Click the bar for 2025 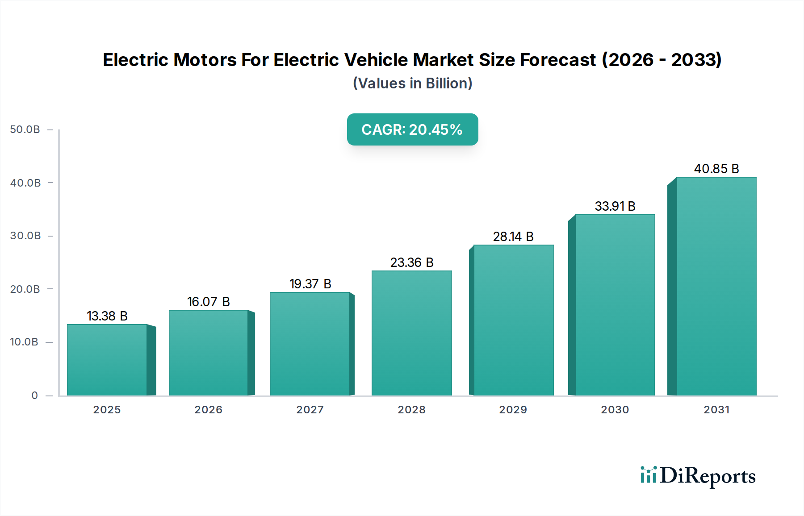(x=107, y=360)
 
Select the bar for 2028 (x=411, y=333)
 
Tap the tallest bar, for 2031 (x=716, y=286)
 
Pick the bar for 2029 (x=513, y=320)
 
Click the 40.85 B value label (x=716, y=169)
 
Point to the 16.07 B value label (x=208, y=302)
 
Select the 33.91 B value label (x=615, y=206)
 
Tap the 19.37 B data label (x=310, y=284)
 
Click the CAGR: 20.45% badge (x=412, y=129)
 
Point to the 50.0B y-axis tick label (x=25, y=129)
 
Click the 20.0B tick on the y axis (x=25, y=289)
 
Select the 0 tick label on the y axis (x=34, y=395)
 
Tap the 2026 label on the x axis (x=208, y=410)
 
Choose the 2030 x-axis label (x=615, y=410)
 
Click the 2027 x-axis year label (x=310, y=410)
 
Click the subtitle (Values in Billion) (x=412, y=83)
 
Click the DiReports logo (x=698, y=476)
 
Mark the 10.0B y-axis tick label (x=24, y=342)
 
